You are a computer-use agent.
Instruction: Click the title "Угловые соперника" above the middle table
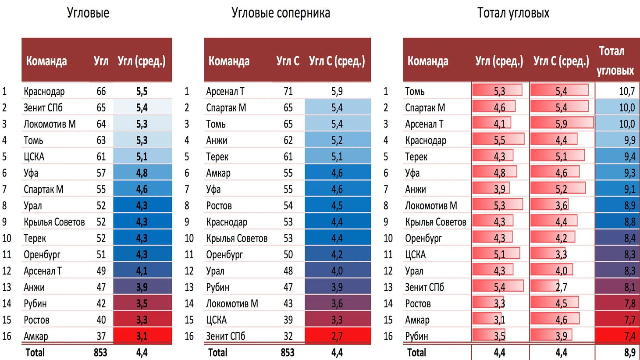click(x=281, y=13)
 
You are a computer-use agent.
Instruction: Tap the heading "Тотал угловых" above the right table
click(x=513, y=13)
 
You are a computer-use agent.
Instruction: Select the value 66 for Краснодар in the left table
click(x=101, y=92)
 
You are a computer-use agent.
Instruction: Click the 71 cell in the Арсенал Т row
click(x=288, y=92)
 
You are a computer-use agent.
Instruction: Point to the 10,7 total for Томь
click(x=626, y=92)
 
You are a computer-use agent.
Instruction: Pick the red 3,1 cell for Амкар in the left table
click(x=142, y=336)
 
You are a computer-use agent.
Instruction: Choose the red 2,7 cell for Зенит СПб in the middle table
click(x=337, y=336)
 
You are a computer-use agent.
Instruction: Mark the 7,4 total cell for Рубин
click(x=629, y=336)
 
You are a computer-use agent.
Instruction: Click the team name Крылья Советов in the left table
click(x=54, y=222)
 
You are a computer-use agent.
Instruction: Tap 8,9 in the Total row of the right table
click(x=629, y=353)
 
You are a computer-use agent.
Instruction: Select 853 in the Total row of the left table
click(x=100, y=353)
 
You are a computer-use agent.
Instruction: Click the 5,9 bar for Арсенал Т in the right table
click(x=561, y=124)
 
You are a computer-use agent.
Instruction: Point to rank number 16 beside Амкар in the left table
click(x=7, y=336)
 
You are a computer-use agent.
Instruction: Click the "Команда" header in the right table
click(x=428, y=61)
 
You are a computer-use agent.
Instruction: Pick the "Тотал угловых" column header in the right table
click(x=615, y=61)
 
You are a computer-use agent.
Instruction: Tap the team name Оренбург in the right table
click(x=423, y=239)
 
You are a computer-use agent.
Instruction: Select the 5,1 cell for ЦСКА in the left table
click(x=142, y=157)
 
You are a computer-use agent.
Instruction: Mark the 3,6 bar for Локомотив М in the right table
click(x=561, y=206)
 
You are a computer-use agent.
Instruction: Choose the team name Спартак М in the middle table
click(x=226, y=108)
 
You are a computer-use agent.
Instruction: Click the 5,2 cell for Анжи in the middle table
click(x=337, y=141)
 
